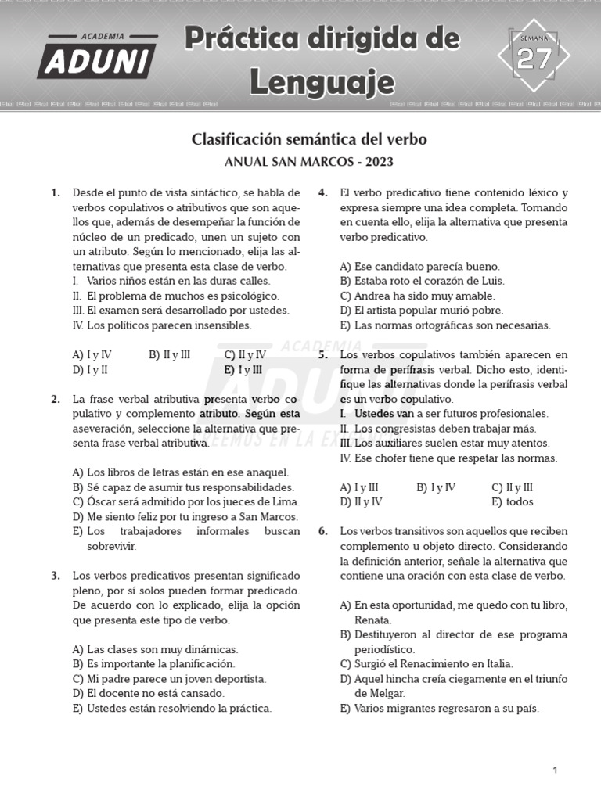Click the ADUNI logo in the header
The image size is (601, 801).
coord(97,57)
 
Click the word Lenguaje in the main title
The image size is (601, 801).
coord(322,81)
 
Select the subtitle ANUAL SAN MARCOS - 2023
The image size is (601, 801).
coord(309,163)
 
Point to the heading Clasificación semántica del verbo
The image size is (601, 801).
coord(309,139)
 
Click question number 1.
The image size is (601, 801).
coord(56,192)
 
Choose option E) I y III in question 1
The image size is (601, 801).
coord(243,369)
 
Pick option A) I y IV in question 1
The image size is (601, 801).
coord(92,354)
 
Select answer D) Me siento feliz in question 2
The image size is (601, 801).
coord(185,516)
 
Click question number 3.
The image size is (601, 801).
coord(56,576)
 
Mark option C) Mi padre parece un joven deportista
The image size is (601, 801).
coord(169,679)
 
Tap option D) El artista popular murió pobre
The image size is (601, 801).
coord(420,311)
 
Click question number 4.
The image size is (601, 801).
coord(322,192)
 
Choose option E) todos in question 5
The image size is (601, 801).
coord(513,502)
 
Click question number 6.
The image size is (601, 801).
coord(322,531)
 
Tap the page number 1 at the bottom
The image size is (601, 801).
coord(555,770)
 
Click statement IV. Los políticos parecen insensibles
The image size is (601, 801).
coord(162,325)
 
